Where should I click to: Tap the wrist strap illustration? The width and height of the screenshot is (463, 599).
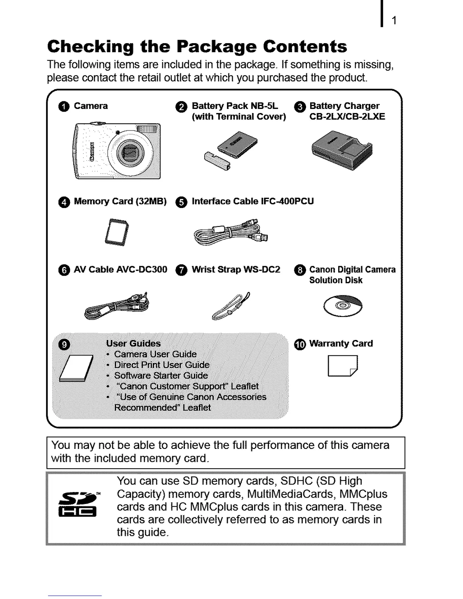231,306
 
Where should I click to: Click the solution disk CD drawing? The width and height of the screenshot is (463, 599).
343,306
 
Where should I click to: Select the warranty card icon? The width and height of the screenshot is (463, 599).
342,366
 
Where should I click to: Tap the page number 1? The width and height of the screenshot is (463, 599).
394,21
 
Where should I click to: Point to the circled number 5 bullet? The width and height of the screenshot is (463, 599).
181,202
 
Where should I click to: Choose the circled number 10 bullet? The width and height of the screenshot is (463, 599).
300,344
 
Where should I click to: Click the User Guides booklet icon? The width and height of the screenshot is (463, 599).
77,368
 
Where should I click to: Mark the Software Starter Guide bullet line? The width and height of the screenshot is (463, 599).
161,376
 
